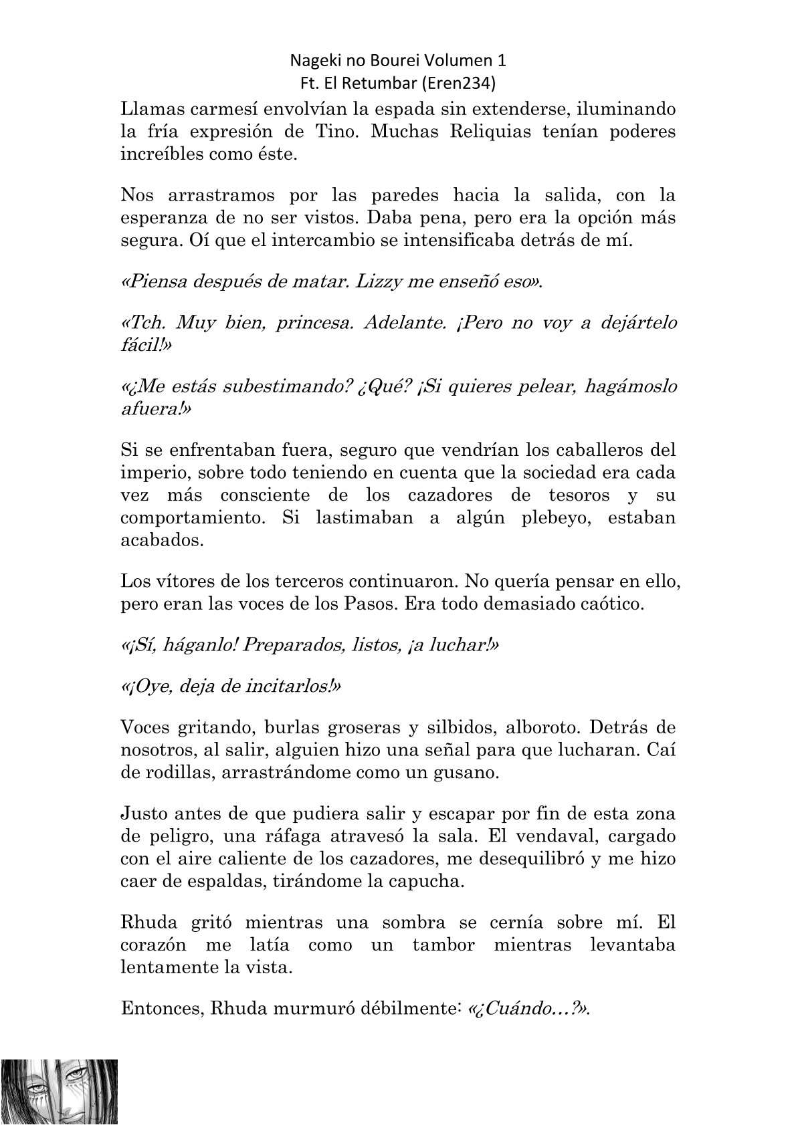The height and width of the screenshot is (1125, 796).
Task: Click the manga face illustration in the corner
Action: coord(60,1091)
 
